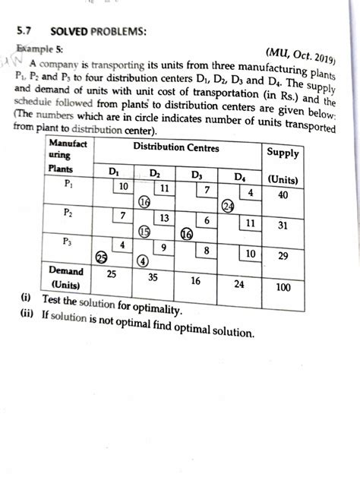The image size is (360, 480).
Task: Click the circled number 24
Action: [x=227, y=207]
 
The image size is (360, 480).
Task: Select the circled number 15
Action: [x=144, y=232]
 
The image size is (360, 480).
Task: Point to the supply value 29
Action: [x=283, y=257]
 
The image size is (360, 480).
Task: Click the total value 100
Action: [x=283, y=288]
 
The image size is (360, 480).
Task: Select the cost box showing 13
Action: [x=164, y=218]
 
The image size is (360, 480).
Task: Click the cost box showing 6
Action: [x=207, y=220]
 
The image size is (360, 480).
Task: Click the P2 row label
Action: [x=69, y=213]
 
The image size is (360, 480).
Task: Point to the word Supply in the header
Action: [x=283, y=153]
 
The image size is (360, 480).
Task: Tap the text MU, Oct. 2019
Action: [x=303, y=57]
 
